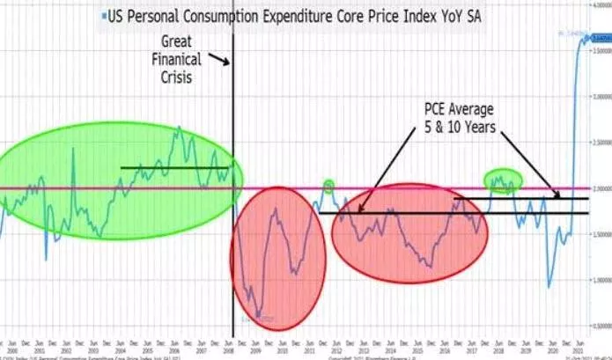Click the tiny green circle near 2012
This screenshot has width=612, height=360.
[328, 185]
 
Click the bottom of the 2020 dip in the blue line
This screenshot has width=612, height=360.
[549, 286]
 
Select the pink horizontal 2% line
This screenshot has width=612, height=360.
[396, 187]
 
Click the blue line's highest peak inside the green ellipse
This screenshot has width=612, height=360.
[179, 128]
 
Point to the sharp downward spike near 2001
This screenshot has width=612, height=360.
[46, 258]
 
